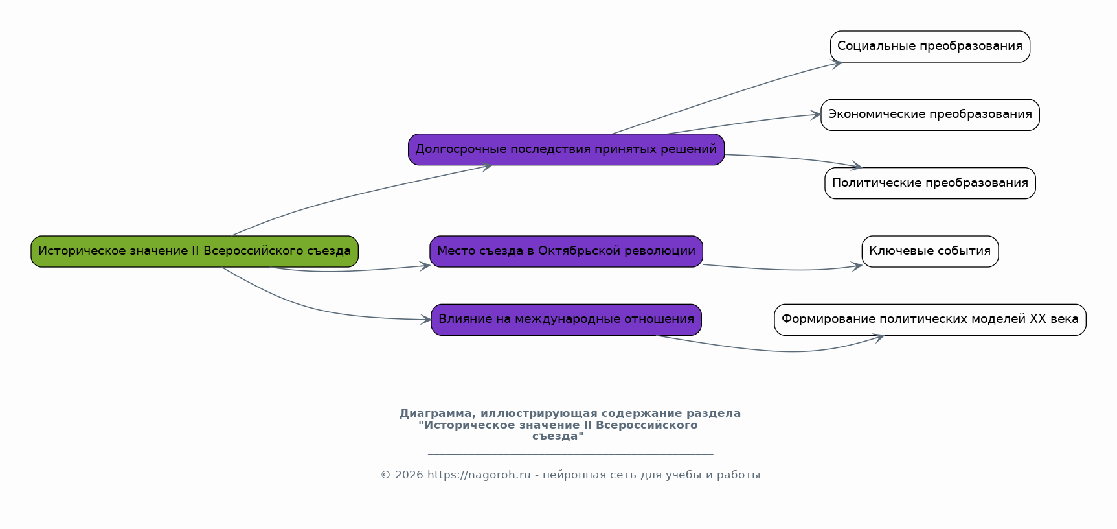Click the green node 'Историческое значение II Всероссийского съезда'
[x=194, y=252]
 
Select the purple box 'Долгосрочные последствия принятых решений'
[x=566, y=150]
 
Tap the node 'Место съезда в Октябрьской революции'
[x=566, y=252]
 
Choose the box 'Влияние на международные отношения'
[x=566, y=320]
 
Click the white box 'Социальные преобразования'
[x=929, y=47]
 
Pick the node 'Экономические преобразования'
[x=930, y=115]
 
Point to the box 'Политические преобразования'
[x=930, y=183]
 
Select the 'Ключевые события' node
[x=930, y=252]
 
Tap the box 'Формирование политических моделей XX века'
[x=930, y=320]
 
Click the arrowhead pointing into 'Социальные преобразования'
[x=837, y=64]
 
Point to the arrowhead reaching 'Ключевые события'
[x=857, y=266]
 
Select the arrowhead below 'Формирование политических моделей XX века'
[x=879, y=337]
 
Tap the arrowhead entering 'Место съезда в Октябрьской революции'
[x=425, y=265]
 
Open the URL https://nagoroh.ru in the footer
[x=479, y=475]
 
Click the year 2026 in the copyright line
[x=409, y=475]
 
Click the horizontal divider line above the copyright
[x=570, y=455]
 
